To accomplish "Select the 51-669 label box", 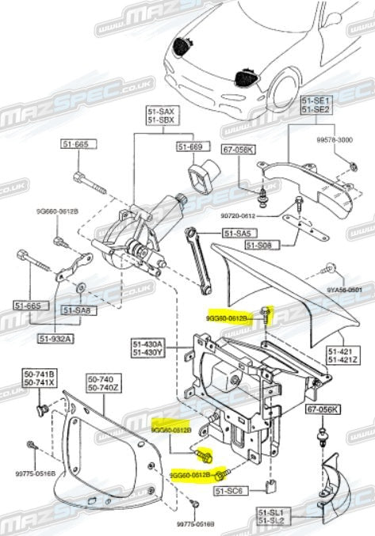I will (190, 147).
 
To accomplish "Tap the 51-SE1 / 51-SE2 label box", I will (316, 106).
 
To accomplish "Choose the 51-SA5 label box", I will (236, 234).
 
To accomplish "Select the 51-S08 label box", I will (258, 246).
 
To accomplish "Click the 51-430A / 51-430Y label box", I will (147, 348).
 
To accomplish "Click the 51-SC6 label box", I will (228, 491).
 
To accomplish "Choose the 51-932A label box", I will (55, 338).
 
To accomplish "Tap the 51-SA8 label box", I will (77, 311).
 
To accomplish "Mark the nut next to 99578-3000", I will (350, 165).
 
